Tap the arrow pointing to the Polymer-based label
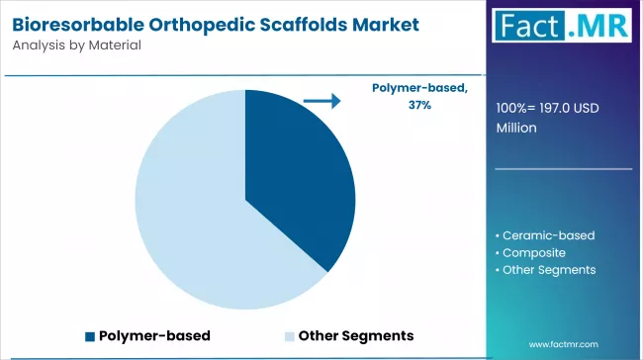click(321, 101)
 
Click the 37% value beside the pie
click(418, 104)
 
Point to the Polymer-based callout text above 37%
click(419, 88)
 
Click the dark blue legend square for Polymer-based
click(91, 335)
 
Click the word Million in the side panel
click(517, 128)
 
